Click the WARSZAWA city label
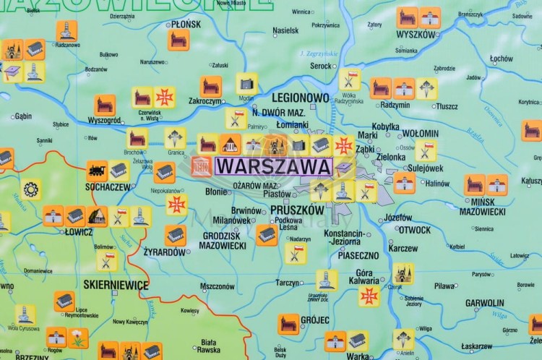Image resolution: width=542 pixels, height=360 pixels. click(273, 167)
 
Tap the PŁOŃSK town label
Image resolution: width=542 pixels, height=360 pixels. click(186, 24)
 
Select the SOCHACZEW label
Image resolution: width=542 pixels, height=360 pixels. click(109, 187)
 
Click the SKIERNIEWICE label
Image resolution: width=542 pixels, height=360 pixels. click(116, 285)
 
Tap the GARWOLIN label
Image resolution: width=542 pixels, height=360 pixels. click(484, 303)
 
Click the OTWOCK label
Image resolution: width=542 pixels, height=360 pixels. click(415, 230)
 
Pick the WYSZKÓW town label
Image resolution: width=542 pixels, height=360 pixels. click(416, 34)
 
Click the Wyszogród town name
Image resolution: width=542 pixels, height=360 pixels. click(104, 120)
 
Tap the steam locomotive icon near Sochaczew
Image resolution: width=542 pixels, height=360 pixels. click(96, 171)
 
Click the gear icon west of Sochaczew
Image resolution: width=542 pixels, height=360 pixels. click(30, 189)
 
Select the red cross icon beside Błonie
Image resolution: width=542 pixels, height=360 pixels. click(176, 204)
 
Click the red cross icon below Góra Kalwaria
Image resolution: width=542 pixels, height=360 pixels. click(369, 296)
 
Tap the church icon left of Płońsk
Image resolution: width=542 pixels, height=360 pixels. click(178, 40)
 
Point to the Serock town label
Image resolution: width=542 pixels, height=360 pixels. click(321, 66)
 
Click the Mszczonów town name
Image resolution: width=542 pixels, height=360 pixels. click(218, 286)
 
